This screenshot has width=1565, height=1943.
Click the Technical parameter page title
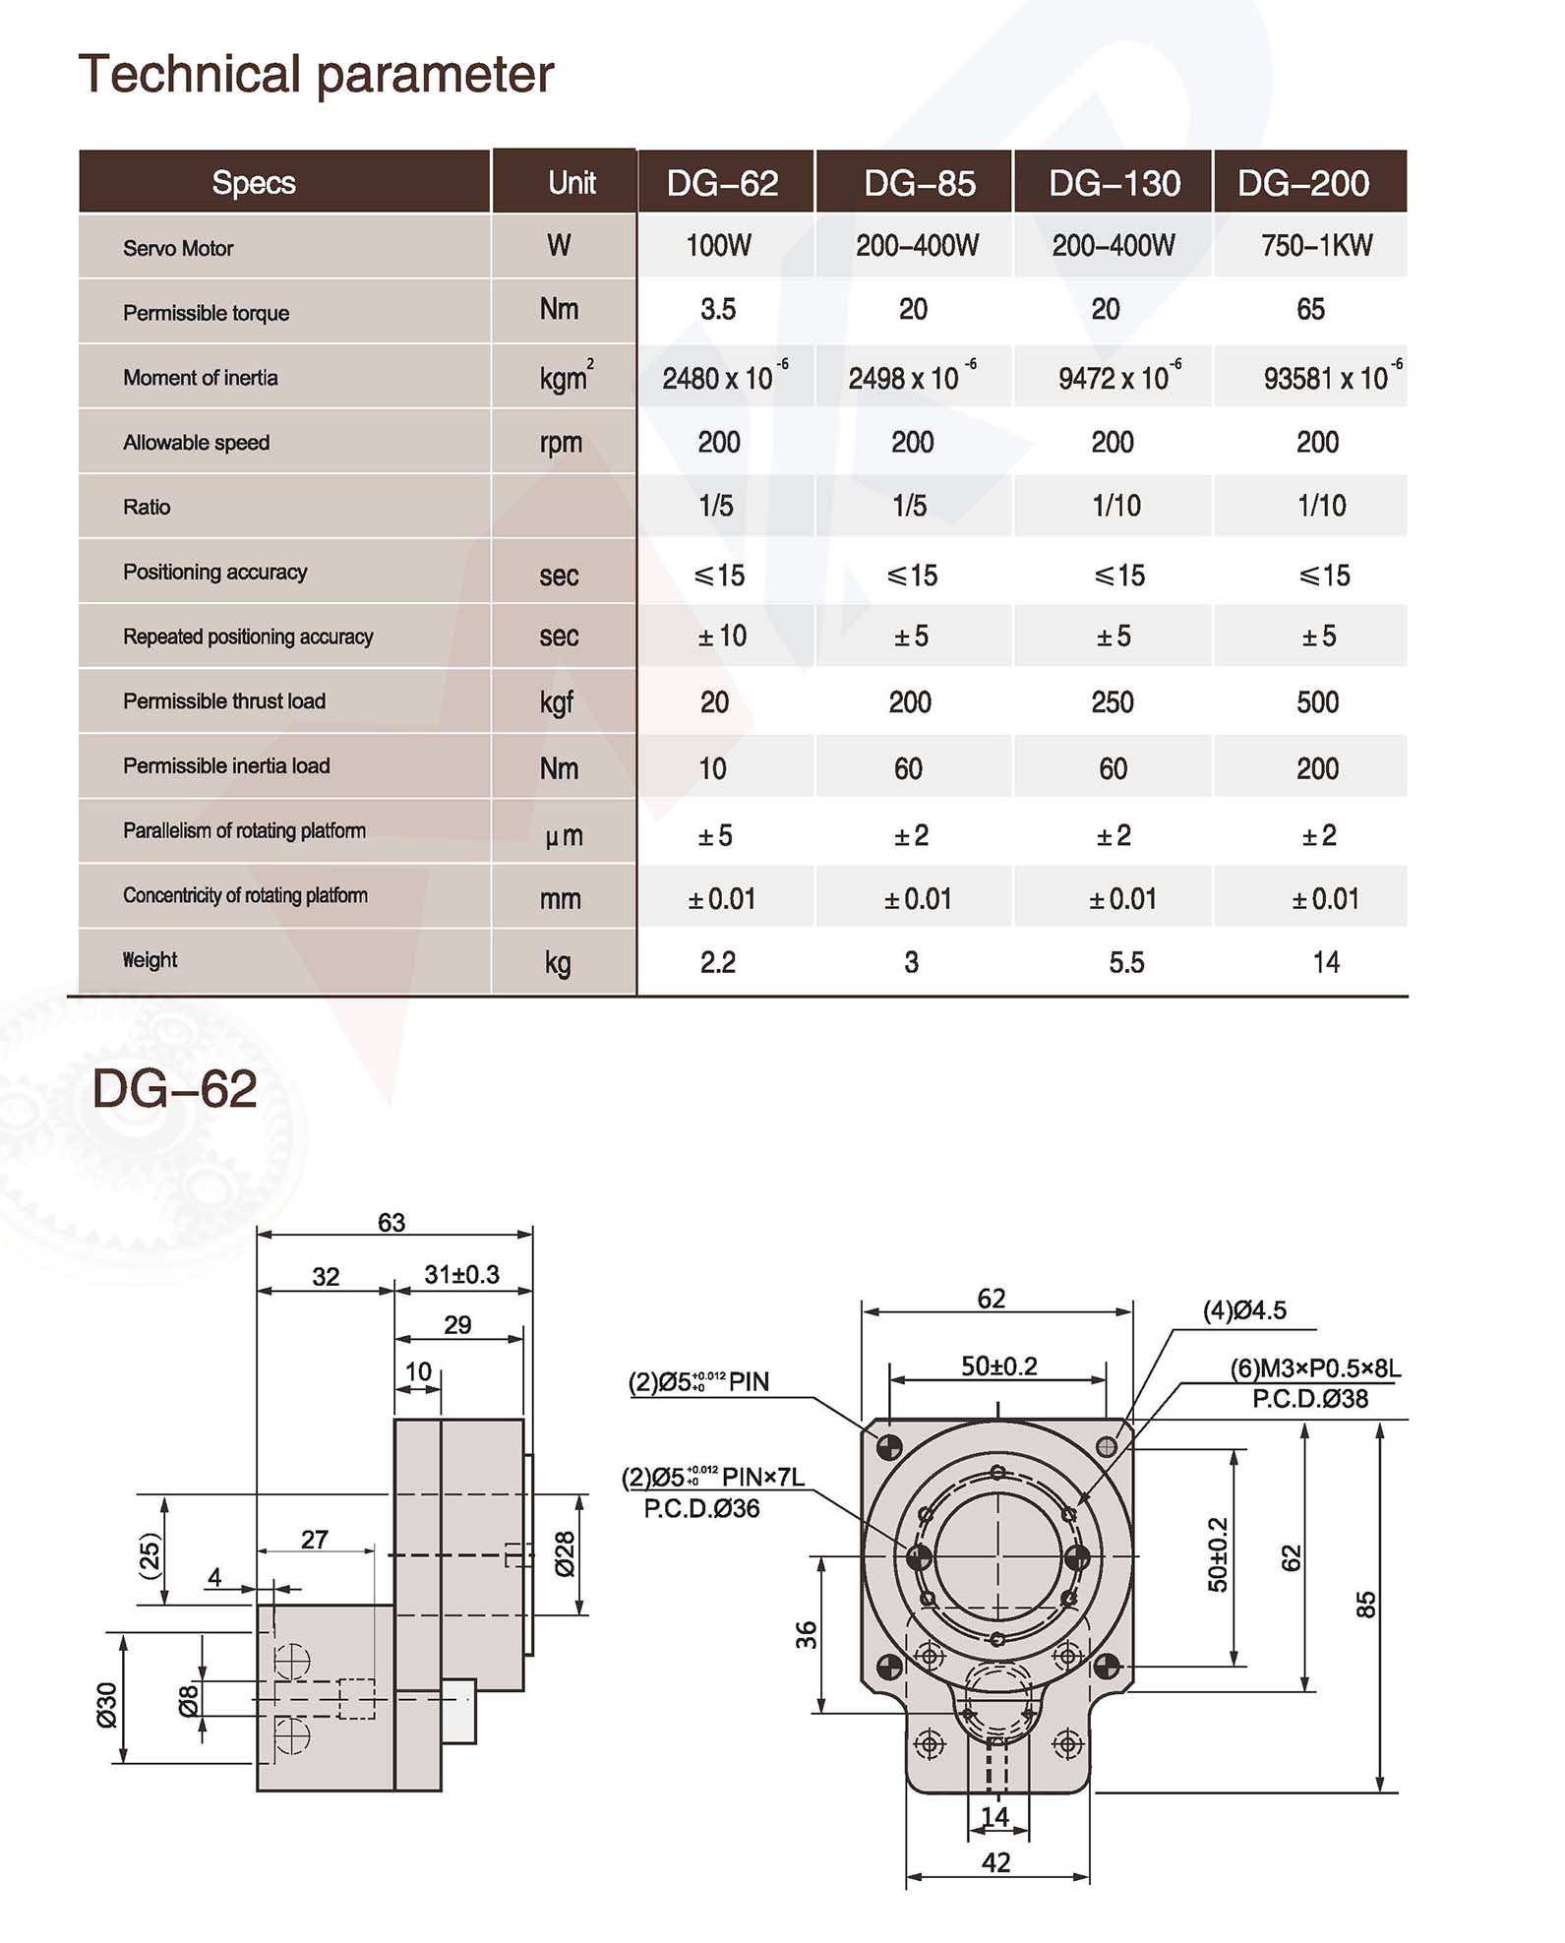[x=316, y=75]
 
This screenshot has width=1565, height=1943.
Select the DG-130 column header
[x=1114, y=183]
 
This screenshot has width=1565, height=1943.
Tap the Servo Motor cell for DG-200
[x=1316, y=246]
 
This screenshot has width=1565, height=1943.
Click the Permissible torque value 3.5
[x=718, y=310]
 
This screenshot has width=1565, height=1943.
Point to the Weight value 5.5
[x=1126, y=962]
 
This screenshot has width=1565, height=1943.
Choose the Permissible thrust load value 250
[x=1113, y=702]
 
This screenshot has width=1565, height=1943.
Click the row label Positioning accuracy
[x=214, y=572]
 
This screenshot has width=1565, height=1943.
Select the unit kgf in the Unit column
[x=557, y=703]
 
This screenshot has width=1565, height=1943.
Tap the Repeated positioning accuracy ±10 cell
[x=722, y=637]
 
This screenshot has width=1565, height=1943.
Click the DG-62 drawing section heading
[x=174, y=1089]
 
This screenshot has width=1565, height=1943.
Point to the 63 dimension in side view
[x=391, y=1222]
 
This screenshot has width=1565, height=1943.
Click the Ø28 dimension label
[x=565, y=1554]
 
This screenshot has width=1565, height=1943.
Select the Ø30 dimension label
[x=106, y=1704]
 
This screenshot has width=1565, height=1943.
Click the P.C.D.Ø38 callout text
[x=1309, y=1399]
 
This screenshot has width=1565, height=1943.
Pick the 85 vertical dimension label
[x=1365, y=1605]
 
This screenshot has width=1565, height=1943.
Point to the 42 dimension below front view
[x=995, y=1862]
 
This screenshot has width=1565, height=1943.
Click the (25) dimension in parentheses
[x=149, y=1555]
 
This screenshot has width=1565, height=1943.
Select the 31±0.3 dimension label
[x=461, y=1275]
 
